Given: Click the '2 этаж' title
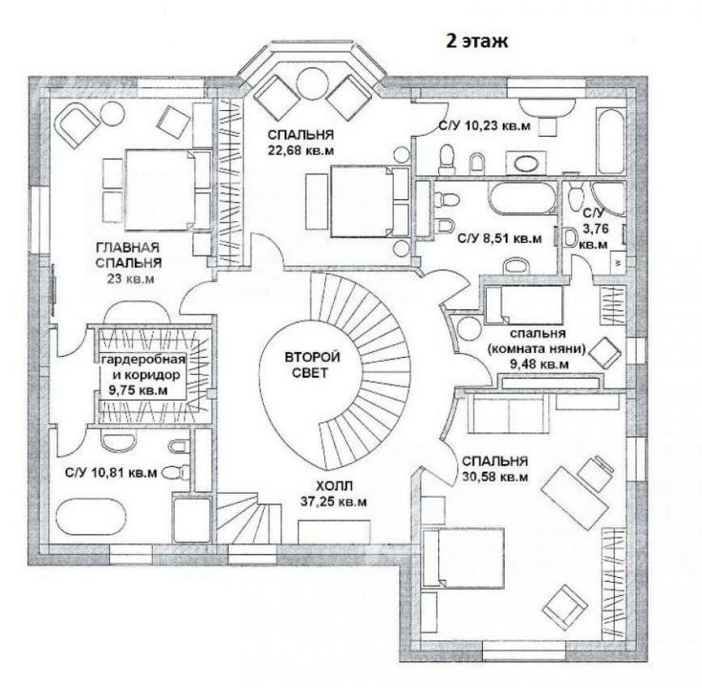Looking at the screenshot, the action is click(476, 40).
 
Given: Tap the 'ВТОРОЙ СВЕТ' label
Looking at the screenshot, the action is click(312, 365).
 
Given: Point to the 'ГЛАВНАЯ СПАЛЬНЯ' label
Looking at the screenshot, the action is click(129, 255).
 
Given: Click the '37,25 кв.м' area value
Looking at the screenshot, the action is click(333, 502).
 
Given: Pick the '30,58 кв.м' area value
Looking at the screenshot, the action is click(495, 477).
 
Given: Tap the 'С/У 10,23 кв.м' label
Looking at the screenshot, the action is click(484, 126).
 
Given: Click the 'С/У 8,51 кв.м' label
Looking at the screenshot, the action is click(500, 239).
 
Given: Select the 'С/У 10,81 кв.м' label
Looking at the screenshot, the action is click(111, 473).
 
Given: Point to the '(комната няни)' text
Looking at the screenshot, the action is click(536, 349).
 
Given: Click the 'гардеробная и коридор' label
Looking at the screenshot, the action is click(143, 367).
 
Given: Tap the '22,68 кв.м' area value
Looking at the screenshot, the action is click(301, 151).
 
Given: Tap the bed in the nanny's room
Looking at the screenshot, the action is click(524, 305).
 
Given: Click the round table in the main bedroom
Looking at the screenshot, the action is click(112, 114).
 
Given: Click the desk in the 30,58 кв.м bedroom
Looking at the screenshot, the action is click(575, 499).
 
